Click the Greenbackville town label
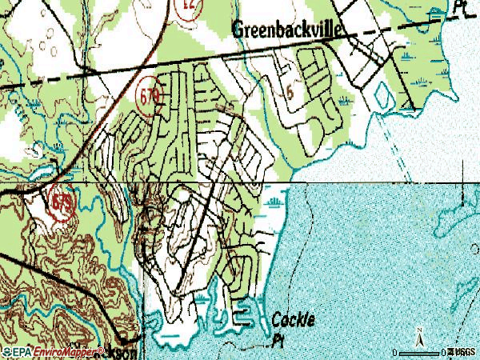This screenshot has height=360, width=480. point(287,30)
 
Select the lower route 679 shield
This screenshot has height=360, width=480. point(62,200)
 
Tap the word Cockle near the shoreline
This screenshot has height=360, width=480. point(293,320)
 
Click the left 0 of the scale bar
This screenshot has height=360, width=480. point(395,352)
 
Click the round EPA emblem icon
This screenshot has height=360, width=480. point(6,352)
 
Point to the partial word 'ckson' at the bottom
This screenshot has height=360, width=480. point(126,352)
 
